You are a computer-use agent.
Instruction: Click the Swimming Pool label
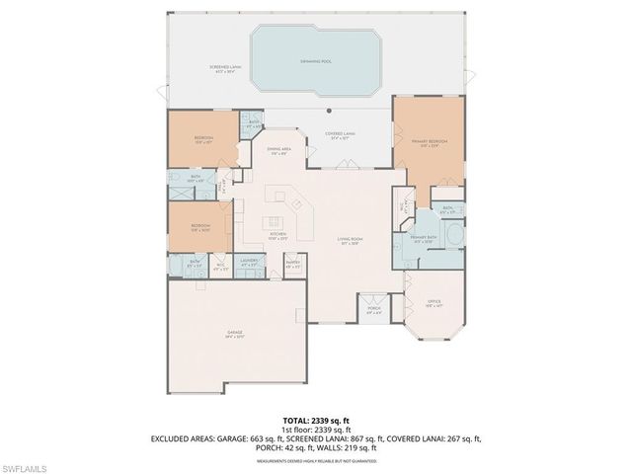point(315,60)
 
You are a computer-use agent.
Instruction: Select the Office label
point(434,304)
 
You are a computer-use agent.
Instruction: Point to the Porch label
point(374,309)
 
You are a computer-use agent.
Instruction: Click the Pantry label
point(292,265)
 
